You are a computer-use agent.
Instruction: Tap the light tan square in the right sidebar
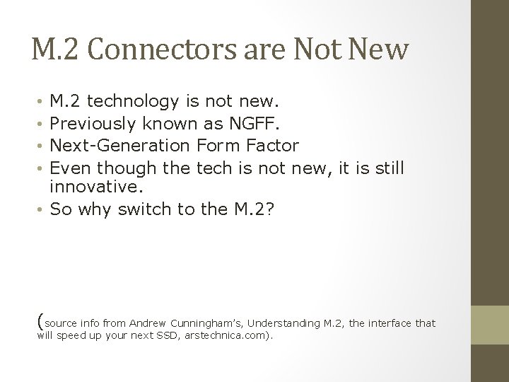pos(489,325)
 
